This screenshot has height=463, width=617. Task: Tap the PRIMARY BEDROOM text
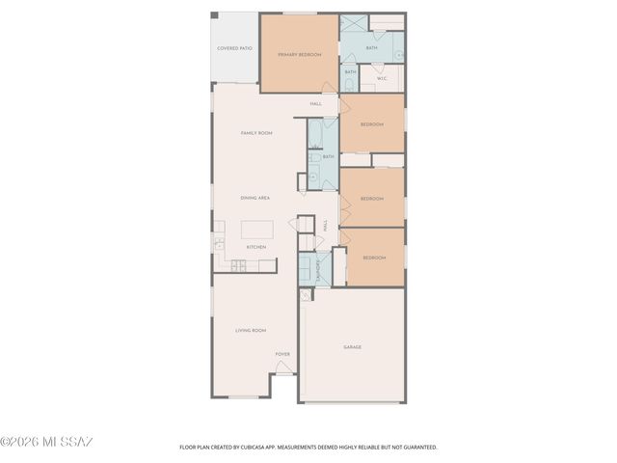(299, 55)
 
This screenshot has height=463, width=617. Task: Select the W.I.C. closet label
(382, 78)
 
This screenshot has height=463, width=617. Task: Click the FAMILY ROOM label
(256, 132)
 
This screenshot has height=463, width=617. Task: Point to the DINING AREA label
(255, 198)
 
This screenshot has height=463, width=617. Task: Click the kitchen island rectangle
(256, 230)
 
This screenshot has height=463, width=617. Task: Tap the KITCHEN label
(255, 248)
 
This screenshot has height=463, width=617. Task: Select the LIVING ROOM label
(251, 330)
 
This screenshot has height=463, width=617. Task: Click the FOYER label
(282, 354)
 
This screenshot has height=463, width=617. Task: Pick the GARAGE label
(353, 346)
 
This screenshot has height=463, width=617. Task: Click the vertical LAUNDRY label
(318, 273)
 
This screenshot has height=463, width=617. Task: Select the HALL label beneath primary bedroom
(315, 103)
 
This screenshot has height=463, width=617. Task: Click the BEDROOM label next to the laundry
(374, 258)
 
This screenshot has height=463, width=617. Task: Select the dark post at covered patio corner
(215, 16)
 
